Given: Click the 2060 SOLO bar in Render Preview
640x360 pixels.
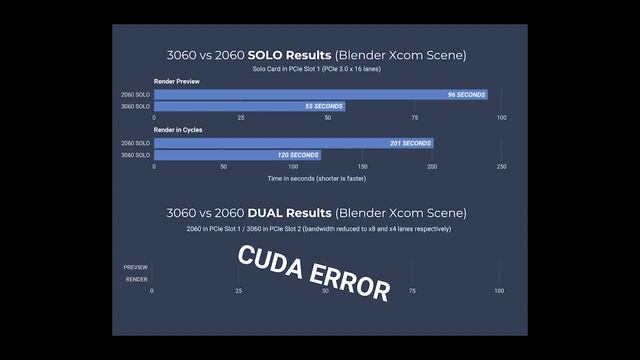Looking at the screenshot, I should [320, 94].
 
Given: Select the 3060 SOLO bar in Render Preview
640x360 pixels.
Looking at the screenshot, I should [249, 106].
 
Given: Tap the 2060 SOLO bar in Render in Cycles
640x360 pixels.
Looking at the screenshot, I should [293, 143].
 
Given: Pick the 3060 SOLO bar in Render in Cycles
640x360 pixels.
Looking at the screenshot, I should [237, 155].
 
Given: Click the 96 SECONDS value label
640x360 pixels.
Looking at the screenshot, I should [466, 94].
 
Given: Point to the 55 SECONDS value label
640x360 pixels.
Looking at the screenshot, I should [322, 106].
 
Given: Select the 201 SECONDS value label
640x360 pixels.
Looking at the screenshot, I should [410, 143].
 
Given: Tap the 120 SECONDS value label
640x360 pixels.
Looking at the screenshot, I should [298, 155].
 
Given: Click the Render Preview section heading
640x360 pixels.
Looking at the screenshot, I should [177, 81].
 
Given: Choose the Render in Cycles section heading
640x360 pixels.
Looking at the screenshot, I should [180, 130].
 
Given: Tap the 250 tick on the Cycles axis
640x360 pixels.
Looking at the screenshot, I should [501, 167].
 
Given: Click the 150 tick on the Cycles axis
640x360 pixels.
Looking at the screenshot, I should [362, 167].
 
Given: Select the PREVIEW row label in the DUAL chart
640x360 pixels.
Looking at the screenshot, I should [136, 268].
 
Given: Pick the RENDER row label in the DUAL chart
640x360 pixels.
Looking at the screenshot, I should [137, 280].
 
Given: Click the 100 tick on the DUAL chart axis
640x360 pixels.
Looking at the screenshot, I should [499, 291].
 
